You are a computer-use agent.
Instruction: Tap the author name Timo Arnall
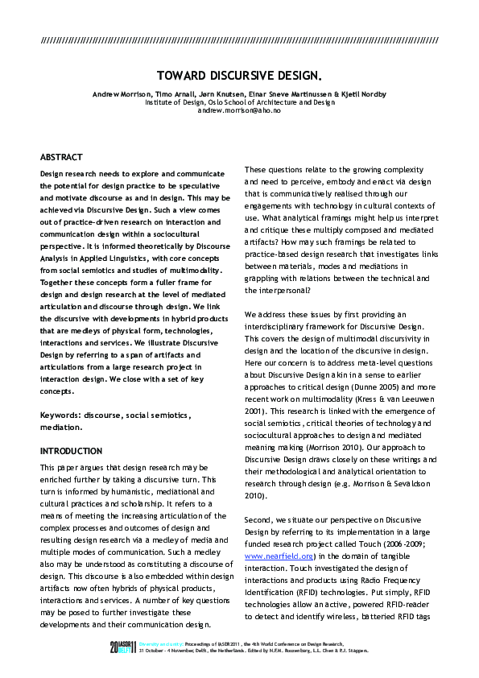(x=167, y=94)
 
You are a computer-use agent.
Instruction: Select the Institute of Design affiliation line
(x=239, y=102)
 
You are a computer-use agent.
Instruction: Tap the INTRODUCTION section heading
(x=71, y=451)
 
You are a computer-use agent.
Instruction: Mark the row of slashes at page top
(x=239, y=39)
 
